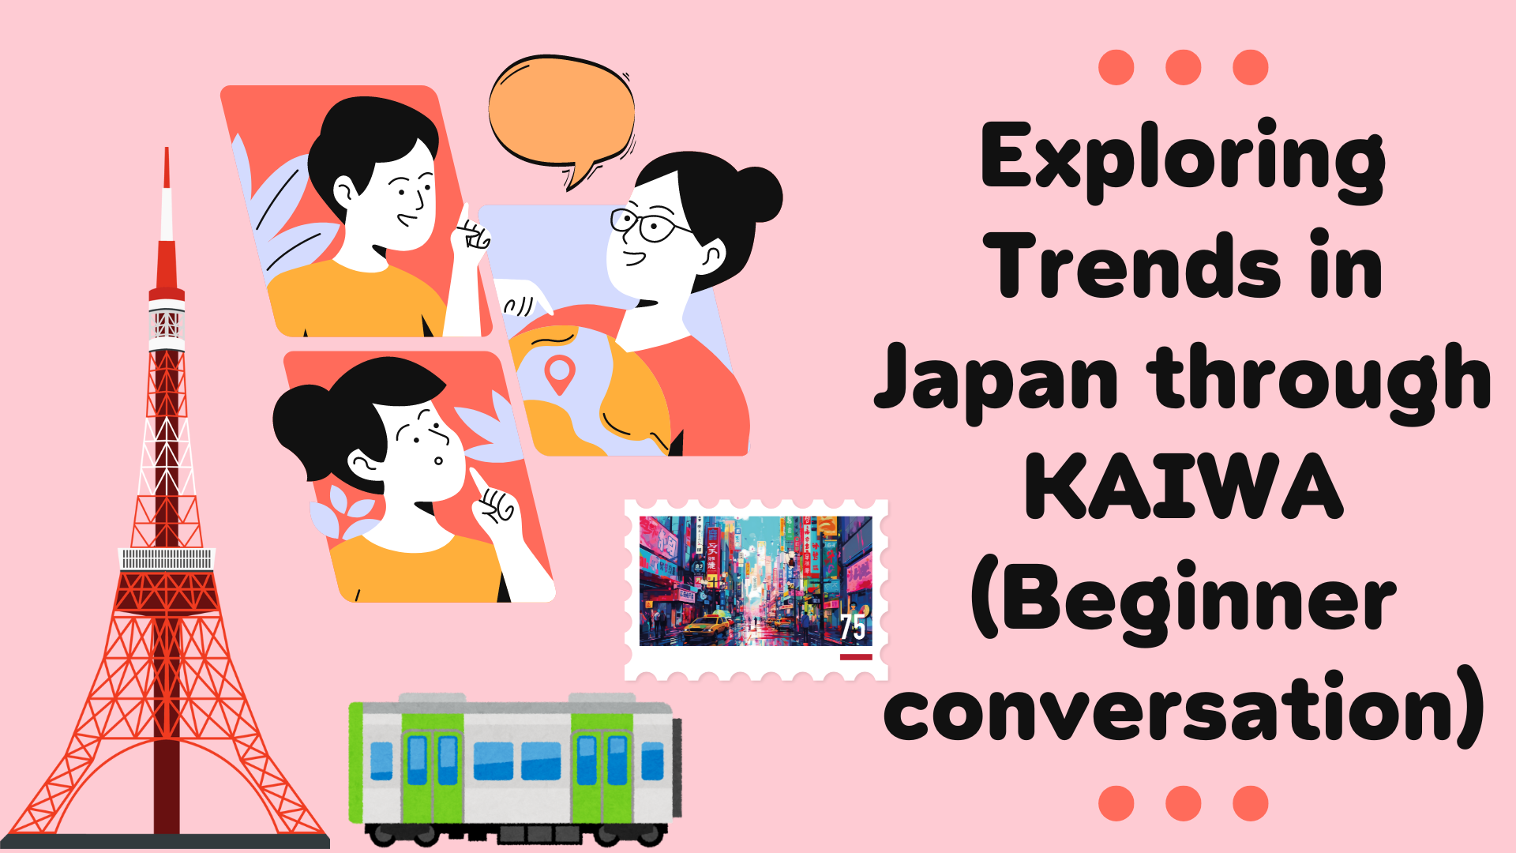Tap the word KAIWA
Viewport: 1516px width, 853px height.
[1184, 487]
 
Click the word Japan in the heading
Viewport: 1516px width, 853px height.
[996, 381]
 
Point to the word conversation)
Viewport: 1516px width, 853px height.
[1184, 708]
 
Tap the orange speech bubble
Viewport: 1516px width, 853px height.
[562, 115]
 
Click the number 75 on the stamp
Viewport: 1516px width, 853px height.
[853, 627]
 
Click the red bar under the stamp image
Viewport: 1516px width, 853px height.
[856, 657]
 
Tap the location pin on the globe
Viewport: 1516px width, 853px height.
[560, 374]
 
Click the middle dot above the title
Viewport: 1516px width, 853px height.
[1183, 67]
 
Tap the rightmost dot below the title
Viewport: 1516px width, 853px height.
[1251, 803]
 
